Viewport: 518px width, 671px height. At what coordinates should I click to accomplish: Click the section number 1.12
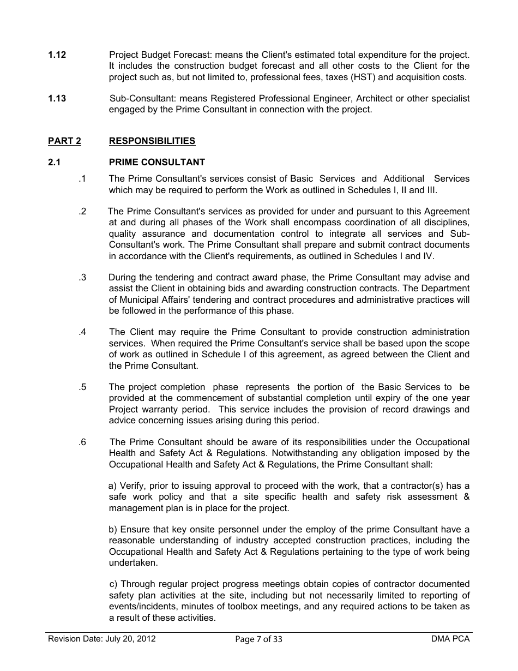click(x=57, y=55)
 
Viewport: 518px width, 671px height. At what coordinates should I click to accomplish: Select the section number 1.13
click(x=57, y=98)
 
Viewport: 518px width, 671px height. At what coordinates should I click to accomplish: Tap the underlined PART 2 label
click(x=64, y=141)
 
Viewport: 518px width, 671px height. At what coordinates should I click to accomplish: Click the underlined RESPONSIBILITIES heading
click(x=152, y=141)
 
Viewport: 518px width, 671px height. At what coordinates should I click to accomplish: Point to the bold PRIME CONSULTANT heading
click(x=157, y=162)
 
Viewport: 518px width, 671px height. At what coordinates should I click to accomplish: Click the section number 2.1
click(x=55, y=162)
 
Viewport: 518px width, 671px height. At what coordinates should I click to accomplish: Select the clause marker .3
click(x=82, y=277)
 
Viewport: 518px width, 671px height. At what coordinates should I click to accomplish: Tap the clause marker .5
click(x=82, y=387)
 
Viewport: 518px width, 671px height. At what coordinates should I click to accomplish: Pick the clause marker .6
click(x=82, y=442)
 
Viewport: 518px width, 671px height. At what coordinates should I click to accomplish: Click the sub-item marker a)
click(x=113, y=486)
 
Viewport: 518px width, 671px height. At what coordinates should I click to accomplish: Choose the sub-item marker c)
click(x=113, y=584)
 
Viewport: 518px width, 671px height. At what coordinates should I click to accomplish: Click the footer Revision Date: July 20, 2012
click(x=102, y=639)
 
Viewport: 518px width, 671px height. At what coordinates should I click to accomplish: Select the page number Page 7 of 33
click(x=259, y=639)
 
